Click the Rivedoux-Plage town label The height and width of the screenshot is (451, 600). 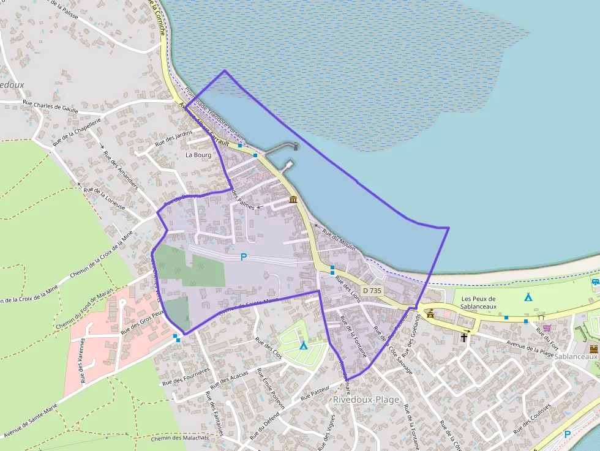[x=366, y=400]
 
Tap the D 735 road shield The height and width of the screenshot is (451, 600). [x=371, y=290]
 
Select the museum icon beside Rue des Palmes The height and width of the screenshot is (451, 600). [x=293, y=200]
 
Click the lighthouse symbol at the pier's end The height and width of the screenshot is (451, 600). [x=296, y=146]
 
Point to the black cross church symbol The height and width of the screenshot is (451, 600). [x=465, y=337]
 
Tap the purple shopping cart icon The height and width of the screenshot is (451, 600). [x=547, y=327]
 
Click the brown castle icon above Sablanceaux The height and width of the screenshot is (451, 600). [x=593, y=348]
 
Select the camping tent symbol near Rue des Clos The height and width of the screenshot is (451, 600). [x=303, y=346]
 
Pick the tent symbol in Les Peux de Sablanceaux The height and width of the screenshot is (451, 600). [x=528, y=297]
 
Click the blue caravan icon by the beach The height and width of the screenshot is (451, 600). [x=595, y=281]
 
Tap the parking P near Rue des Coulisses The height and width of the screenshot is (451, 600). [x=567, y=434]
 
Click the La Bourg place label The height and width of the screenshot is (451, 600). [x=198, y=155]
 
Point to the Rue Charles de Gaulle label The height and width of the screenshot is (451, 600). [x=50, y=106]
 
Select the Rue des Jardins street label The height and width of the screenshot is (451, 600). [x=174, y=137]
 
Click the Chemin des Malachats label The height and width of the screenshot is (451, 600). [x=179, y=438]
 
